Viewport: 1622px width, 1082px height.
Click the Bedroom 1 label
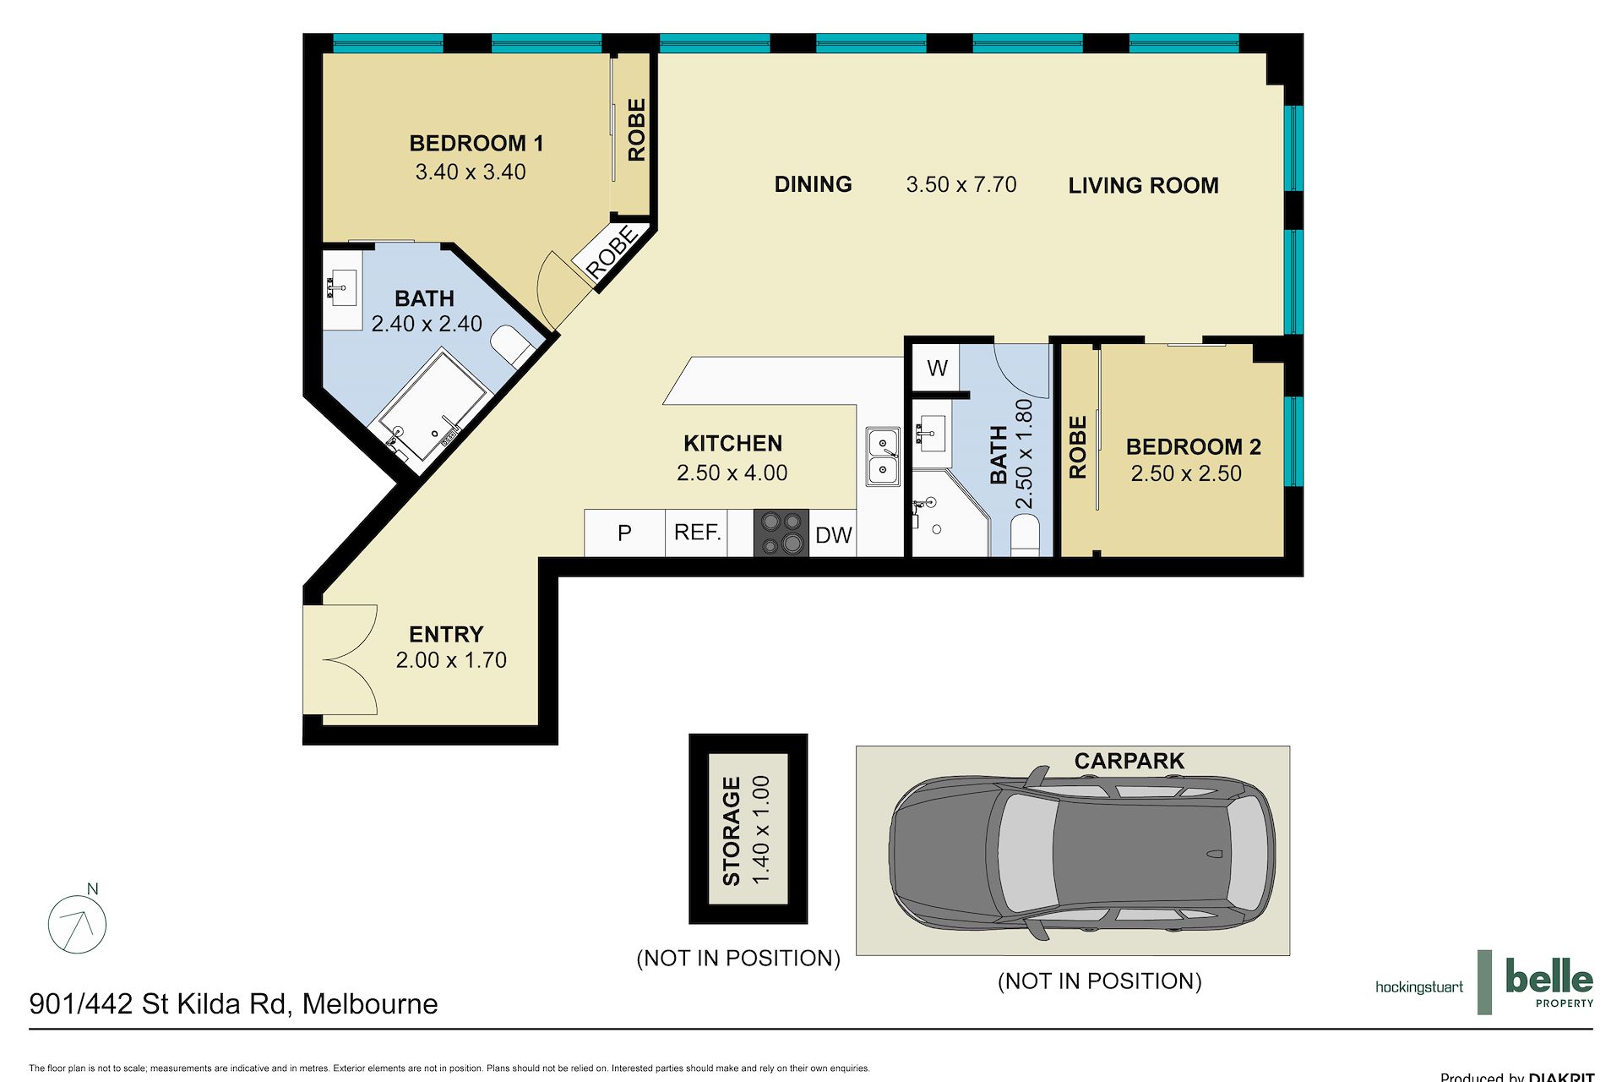(x=476, y=144)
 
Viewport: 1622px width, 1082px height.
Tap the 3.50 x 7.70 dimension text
(x=961, y=184)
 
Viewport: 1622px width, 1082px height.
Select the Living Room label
(x=1143, y=185)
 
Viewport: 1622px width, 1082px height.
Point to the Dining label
(x=813, y=184)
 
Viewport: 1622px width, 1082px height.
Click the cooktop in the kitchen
(x=781, y=533)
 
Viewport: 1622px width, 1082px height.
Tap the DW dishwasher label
(x=833, y=535)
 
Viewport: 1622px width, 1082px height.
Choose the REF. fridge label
(x=698, y=532)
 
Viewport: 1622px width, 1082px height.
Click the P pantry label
(x=624, y=533)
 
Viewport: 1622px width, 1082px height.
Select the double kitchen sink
(x=883, y=456)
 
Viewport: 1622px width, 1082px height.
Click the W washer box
(x=937, y=368)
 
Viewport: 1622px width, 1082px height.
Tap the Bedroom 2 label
(x=1193, y=446)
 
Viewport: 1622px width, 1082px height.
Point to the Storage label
(x=732, y=831)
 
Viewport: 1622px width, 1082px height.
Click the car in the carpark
(x=1082, y=852)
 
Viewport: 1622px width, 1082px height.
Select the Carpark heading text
(x=1129, y=761)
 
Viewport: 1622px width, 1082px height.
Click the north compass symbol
(x=78, y=922)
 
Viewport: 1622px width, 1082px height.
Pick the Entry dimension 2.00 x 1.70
(x=451, y=660)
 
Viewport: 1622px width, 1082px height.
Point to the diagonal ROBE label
(x=612, y=252)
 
